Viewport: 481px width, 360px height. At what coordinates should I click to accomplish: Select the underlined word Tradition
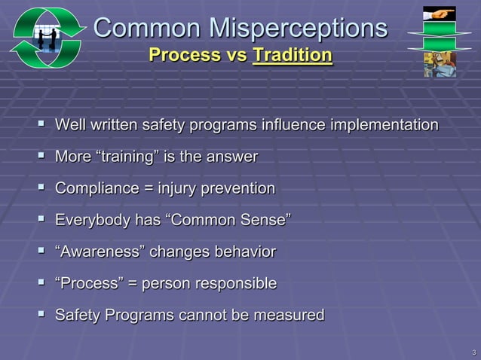tap(293, 56)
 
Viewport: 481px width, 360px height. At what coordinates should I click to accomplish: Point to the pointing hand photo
tap(439, 14)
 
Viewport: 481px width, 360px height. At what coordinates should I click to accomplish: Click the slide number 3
tap(473, 352)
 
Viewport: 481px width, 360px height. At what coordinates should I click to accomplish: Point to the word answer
tap(232, 157)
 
